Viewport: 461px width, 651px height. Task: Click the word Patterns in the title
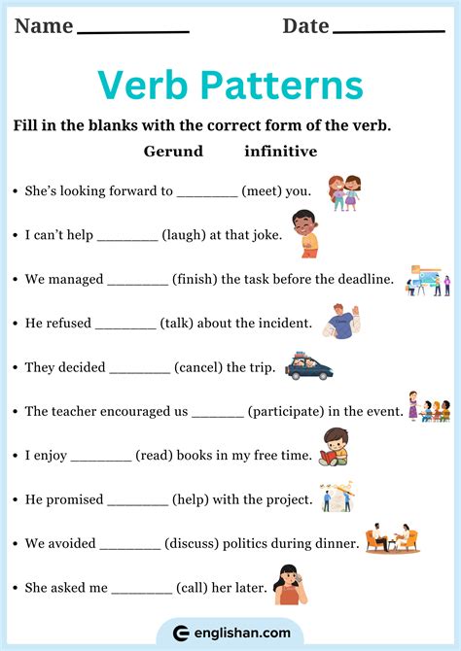[x=283, y=86]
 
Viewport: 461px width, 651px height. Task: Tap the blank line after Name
[x=132, y=31]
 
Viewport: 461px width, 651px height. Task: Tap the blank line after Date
[x=388, y=31]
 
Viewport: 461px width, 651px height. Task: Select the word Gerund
[x=173, y=152]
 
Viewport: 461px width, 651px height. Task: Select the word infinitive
[x=280, y=152]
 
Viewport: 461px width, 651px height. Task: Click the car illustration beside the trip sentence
[x=308, y=367]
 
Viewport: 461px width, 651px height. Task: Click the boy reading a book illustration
[x=335, y=446]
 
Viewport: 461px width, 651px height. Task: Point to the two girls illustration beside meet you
[x=343, y=191]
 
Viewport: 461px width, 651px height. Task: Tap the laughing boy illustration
[x=306, y=233]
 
